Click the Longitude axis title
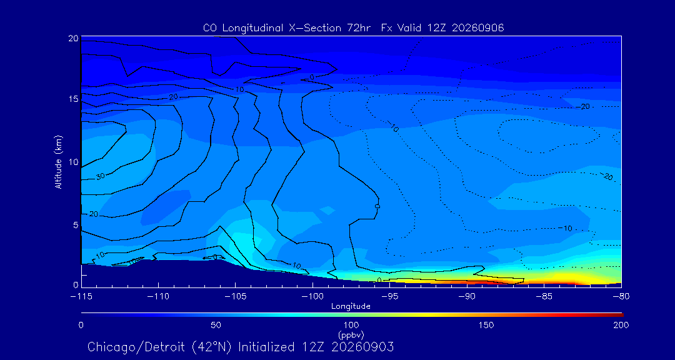351,306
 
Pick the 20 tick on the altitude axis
73,38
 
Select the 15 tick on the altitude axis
73,99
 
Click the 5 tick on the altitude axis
76,225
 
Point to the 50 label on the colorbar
216,325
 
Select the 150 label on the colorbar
486,325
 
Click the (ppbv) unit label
351,334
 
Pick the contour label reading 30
100,176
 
